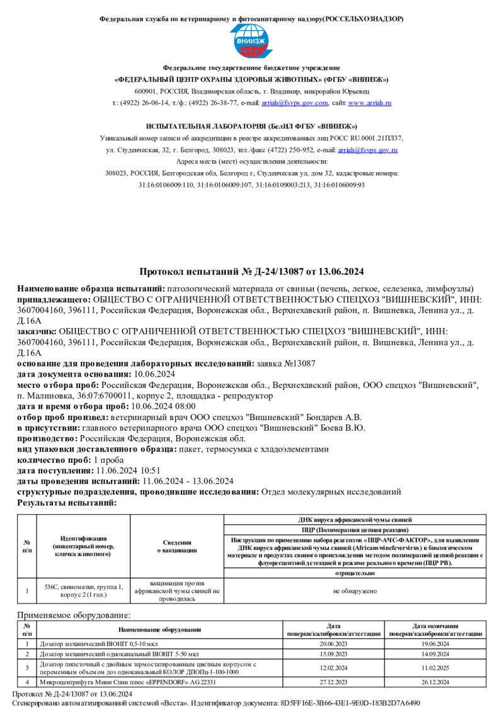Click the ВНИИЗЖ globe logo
pos(251,42)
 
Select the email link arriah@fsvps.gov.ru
pos(367,150)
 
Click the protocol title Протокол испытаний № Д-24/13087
pos(251,272)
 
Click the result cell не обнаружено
pos(355,591)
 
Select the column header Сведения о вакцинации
pos(176,546)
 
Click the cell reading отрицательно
pos(355,573)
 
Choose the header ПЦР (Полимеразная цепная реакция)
pos(355,530)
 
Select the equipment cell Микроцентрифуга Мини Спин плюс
pos(127,682)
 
